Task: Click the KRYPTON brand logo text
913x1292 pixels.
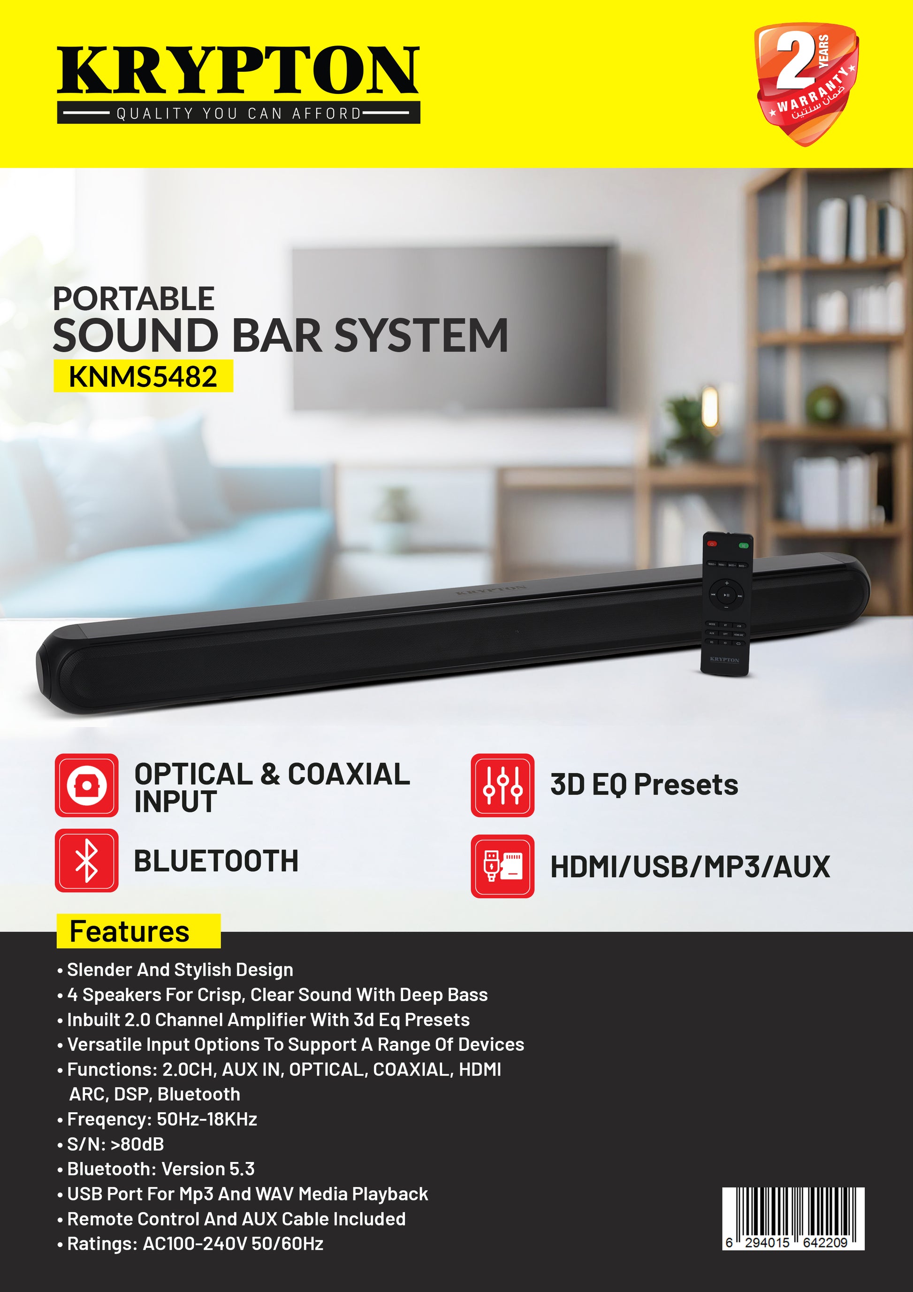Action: point(238,70)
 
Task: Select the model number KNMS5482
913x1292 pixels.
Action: point(143,377)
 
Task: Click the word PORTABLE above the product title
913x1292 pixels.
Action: point(133,299)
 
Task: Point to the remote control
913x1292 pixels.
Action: point(726,603)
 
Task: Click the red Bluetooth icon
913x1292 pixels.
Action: point(87,860)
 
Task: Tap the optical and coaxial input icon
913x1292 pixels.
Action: point(87,785)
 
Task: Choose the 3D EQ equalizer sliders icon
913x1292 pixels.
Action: point(502,785)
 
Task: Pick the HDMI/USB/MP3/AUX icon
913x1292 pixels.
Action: point(502,866)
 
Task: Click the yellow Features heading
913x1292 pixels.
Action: point(138,931)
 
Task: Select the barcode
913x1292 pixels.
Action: point(793,1219)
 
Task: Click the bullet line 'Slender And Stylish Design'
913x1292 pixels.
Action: point(175,970)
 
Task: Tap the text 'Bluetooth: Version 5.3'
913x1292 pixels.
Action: point(156,1169)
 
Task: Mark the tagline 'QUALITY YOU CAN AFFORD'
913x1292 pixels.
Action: point(238,114)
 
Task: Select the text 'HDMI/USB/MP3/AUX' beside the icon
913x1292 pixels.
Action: point(690,867)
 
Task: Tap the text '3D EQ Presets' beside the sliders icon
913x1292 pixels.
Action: point(644,785)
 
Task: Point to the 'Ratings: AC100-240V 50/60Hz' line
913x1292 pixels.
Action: point(190,1244)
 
